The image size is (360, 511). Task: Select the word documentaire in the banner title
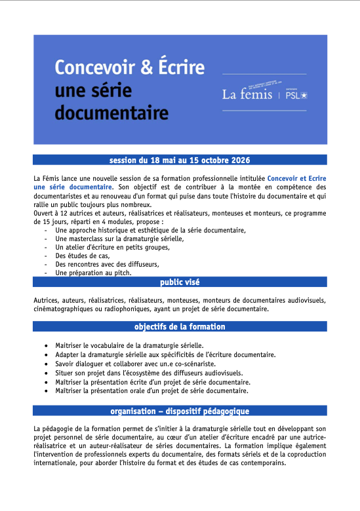click(111, 113)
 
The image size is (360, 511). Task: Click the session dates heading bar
click(180, 160)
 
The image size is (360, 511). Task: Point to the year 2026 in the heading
click(239, 160)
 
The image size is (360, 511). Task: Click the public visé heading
click(180, 282)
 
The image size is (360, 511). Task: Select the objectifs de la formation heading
click(180, 326)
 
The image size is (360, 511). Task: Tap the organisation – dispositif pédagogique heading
click(180, 411)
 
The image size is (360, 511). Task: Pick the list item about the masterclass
click(119, 239)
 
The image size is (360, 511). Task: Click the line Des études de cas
click(82, 256)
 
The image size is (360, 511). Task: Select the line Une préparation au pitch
click(93, 273)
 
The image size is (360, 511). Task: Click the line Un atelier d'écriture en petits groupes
click(112, 248)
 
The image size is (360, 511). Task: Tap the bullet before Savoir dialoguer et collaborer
click(45, 364)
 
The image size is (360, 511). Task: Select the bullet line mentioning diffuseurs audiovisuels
click(148, 373)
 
